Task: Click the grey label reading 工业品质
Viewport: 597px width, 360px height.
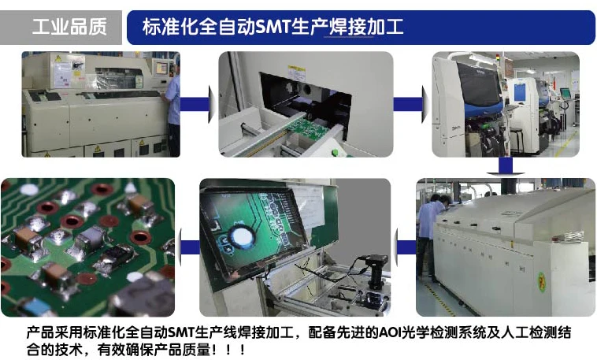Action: point(69,27)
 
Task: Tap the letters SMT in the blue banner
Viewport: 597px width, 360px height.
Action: point(273,27)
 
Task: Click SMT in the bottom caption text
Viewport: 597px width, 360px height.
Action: point(181,332)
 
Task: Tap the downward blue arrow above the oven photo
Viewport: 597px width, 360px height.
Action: point(506,166)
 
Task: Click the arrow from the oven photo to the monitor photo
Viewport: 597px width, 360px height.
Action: point(406,247)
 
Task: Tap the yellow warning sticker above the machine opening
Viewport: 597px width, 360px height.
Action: point(296,72)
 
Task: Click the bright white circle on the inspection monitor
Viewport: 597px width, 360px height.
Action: point(242,236)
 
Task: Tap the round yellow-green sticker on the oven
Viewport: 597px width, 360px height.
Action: point(541,282)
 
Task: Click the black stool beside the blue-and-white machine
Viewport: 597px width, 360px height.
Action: point(516,140)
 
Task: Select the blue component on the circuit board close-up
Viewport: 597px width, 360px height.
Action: point(35,306)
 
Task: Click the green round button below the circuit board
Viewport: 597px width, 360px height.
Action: point(335,153)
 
